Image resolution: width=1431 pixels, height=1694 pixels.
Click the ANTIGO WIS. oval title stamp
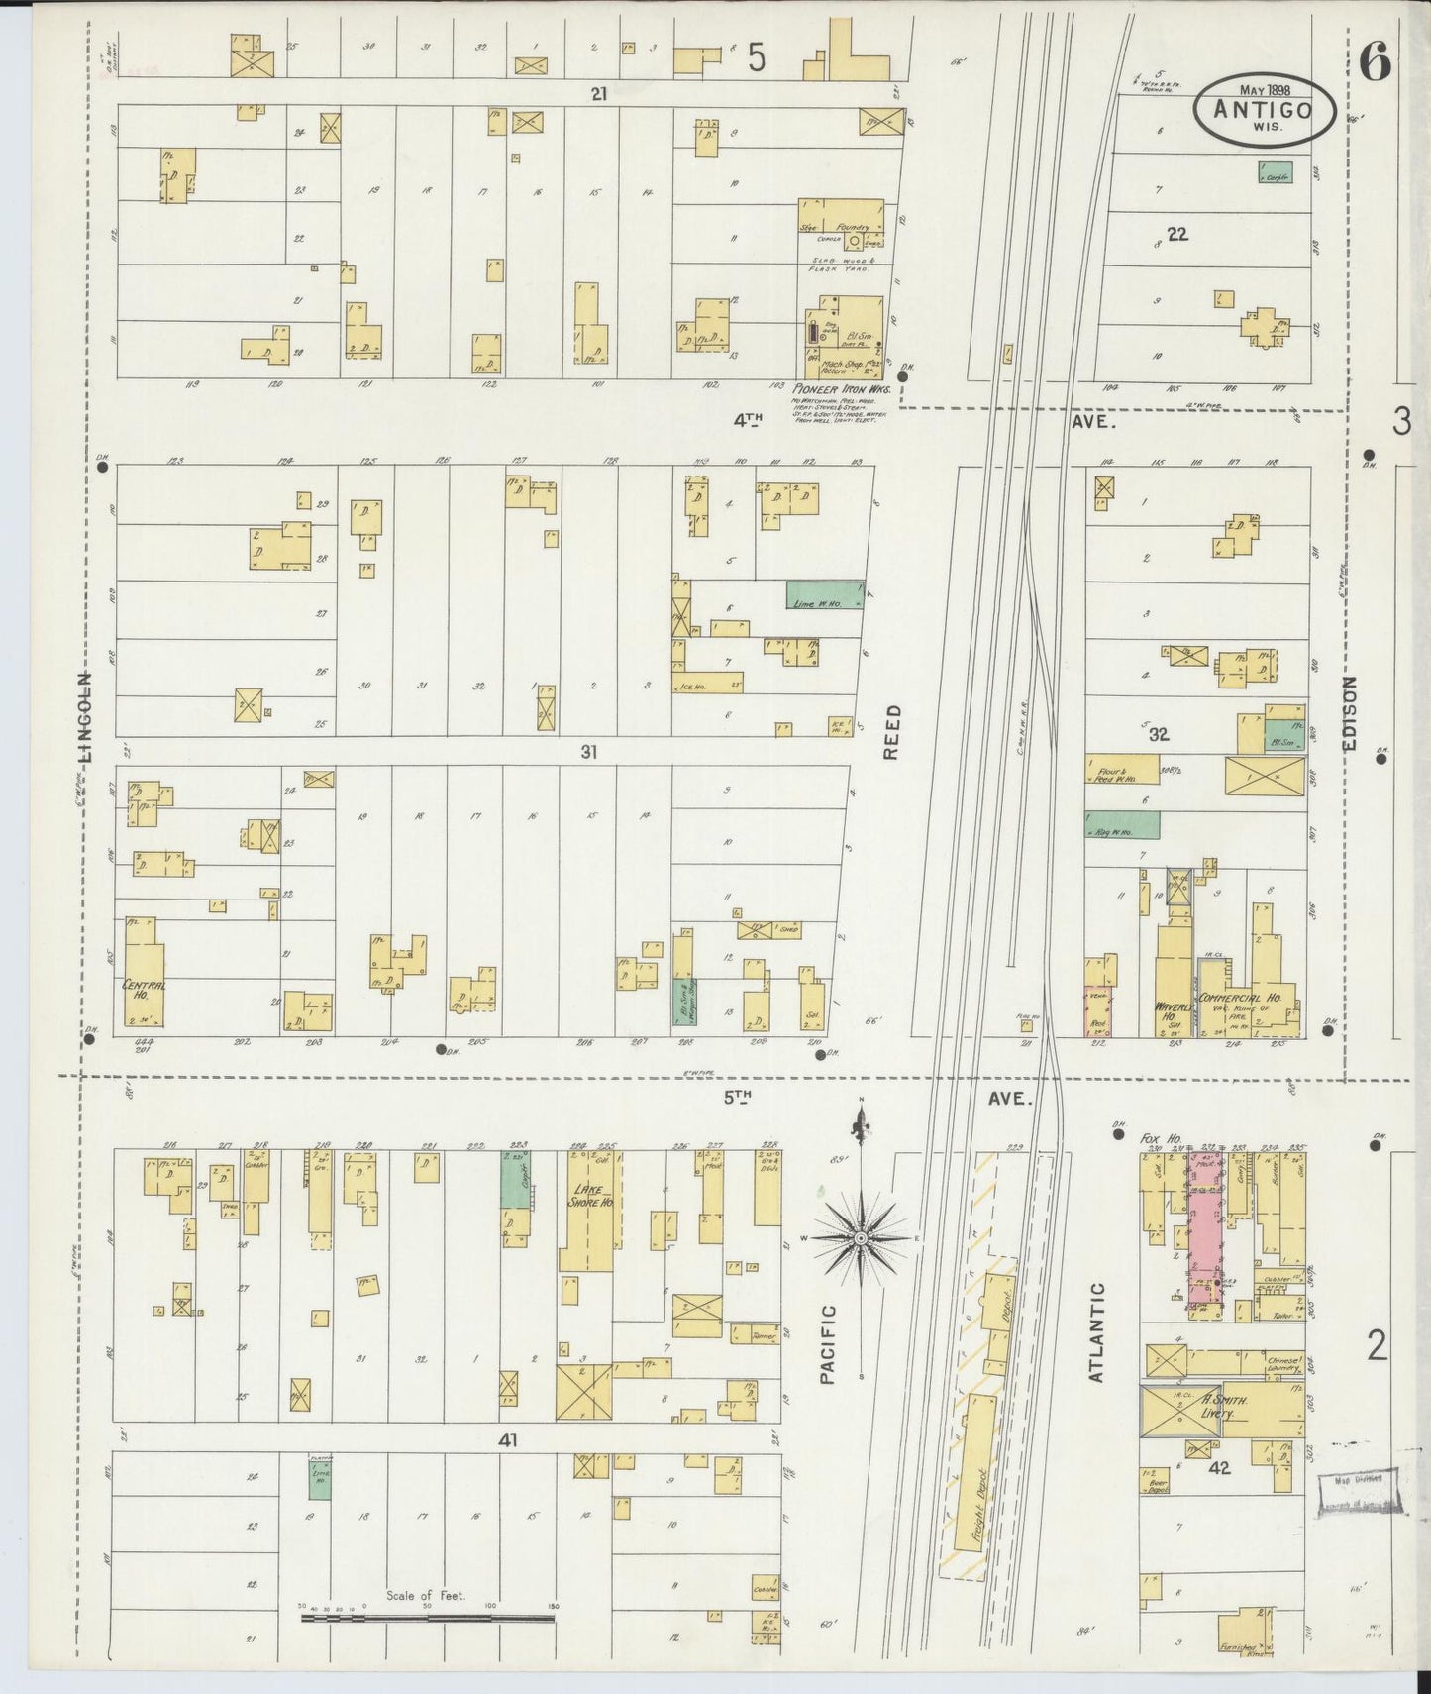[1264, 110]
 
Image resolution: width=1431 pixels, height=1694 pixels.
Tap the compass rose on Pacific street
[862, 1238]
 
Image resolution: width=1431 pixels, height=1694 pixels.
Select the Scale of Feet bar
[427, 1618]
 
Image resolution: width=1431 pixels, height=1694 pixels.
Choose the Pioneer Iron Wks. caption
[841, 390]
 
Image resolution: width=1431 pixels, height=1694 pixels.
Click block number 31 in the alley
[589, 752]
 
